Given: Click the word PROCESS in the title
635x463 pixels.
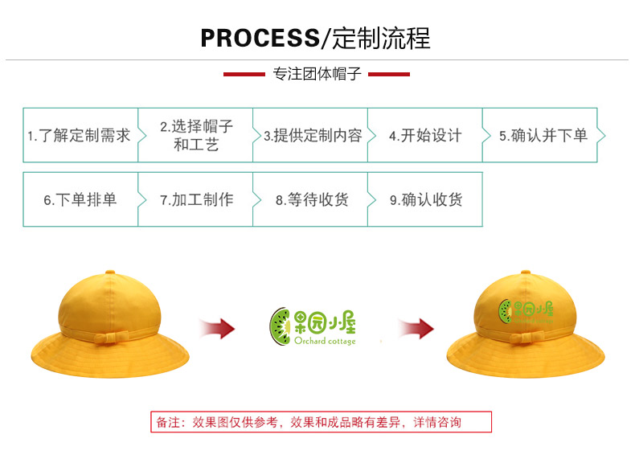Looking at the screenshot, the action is pos(260,38).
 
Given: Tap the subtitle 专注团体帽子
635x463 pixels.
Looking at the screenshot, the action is pos(317,74).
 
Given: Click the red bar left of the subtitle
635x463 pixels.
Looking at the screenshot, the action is pos(244,74).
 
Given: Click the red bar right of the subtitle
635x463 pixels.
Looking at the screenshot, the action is pos(389,74).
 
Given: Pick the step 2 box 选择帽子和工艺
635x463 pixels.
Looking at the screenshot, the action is pos(195,135).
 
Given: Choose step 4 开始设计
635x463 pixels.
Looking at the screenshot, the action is pos(425,135).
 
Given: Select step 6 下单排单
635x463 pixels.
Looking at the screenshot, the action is pos(80,199).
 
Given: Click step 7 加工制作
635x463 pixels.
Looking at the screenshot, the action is pos(195,199).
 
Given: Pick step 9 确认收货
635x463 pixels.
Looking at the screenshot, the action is pos(425,199).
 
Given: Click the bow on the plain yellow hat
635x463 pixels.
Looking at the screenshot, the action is pos(111,338).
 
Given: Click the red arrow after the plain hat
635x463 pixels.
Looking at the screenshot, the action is pos(218,328).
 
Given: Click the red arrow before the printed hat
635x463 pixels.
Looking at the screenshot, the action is pos(416,328).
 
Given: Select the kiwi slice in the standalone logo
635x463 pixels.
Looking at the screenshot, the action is pos(280,326).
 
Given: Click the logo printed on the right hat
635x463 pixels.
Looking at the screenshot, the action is pos(526,312).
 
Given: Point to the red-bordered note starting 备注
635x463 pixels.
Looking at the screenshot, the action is pos(322,422).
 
